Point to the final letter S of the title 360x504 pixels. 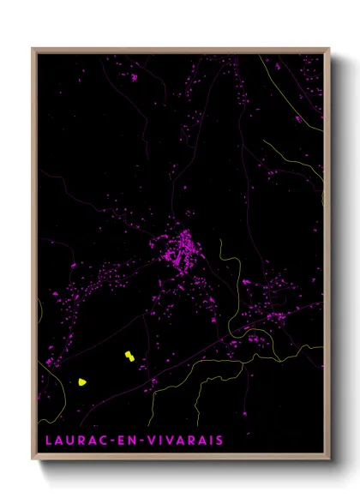[220, 441]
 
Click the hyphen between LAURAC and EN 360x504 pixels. [111, 441]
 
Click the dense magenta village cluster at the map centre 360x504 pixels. [181, 250]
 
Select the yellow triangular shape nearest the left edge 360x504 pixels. [82, 382]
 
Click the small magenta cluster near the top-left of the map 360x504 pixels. [134, 77]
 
